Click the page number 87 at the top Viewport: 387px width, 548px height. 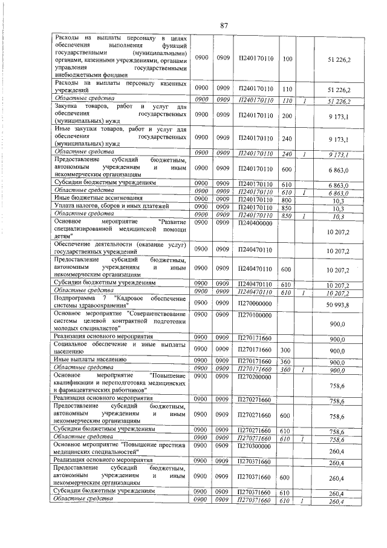point(224,25)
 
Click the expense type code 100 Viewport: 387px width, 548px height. point(287,59)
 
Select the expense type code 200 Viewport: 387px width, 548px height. point(287,114)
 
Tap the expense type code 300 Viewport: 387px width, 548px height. point(287,351)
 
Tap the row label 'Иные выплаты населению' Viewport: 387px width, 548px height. point(90,360)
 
